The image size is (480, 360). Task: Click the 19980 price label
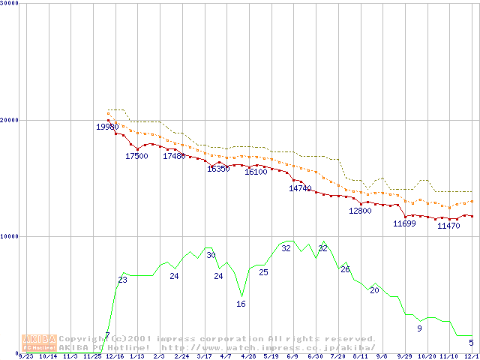(x=106, y=127)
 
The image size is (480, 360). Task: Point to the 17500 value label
(x=136, y=156)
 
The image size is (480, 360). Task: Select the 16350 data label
(x=218, y=169)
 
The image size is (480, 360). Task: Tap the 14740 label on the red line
(x=300, y=188)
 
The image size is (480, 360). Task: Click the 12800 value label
(x=360, y=211)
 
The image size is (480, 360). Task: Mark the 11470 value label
(x=448, y=225)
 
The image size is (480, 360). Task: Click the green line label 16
(x=241, y=304)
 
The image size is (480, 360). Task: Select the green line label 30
(x=211, y=255)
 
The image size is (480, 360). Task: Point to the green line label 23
(x=122, y=280)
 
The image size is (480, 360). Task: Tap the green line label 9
(x=419, y=328)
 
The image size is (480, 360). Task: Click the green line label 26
(x=345, y=268)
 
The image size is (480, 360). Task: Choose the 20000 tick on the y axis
(x=10, y=119)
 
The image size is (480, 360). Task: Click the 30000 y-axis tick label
(x=10, y=3)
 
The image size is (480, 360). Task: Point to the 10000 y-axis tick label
(x=10, y=235)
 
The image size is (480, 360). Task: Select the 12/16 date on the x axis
(x=115, y=355)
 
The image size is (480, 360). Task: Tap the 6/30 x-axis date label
(x=315, y=355)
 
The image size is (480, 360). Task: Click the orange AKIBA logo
(x=39, y=342)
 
